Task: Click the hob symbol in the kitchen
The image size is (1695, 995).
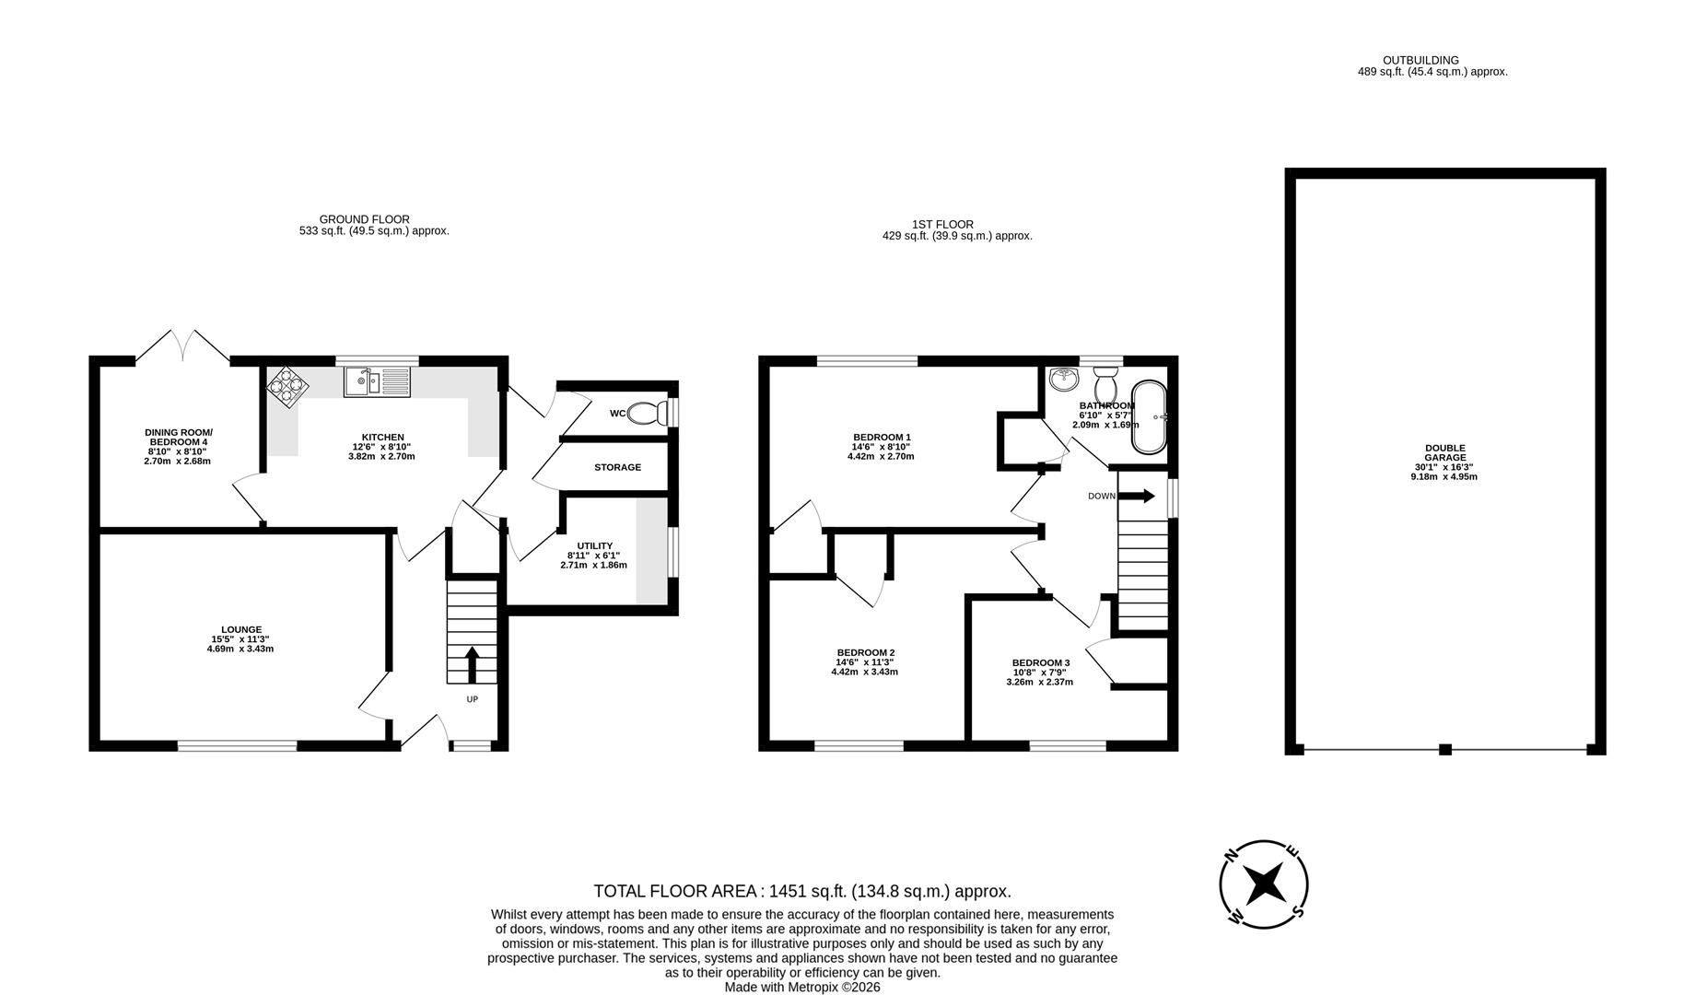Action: (287, 388)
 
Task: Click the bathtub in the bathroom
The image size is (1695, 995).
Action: (1149, 416)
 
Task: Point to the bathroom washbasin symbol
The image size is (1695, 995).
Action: (1065, 379)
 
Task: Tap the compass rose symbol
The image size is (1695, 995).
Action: (1264, 884)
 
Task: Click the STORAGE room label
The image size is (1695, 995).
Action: (617, 468)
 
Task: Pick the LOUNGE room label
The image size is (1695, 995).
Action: (240, 630)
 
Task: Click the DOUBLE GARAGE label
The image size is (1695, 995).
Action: (1444, 452)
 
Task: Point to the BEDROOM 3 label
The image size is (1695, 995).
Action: (1040, 662)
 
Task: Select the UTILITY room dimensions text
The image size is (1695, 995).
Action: (593, 560)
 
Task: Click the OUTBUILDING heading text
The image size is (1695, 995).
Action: (1432, 60)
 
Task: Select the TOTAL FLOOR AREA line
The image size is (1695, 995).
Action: (801, 891)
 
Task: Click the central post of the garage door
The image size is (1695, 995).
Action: (1445, 750)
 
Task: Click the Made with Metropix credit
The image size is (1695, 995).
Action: (801, 987)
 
